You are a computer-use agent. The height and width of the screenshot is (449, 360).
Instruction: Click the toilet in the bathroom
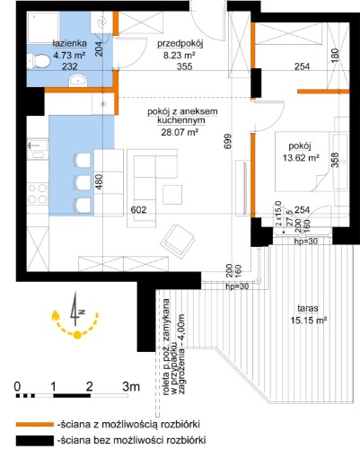38,62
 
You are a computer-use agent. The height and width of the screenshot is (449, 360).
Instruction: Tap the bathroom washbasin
78,81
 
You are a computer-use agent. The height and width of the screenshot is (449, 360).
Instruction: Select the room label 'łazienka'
70,43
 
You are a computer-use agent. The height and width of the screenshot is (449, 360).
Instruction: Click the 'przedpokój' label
180,44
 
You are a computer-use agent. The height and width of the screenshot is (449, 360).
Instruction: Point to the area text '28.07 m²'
180,132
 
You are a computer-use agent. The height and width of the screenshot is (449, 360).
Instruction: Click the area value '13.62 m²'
301,157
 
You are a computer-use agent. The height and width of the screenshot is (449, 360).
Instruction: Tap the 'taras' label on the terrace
308,308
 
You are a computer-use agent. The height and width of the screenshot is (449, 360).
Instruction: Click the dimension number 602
138,209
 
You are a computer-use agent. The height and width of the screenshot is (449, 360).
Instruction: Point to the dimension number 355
184,66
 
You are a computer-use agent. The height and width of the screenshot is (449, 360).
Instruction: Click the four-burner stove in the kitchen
38,194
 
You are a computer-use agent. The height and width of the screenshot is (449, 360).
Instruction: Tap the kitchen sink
38,148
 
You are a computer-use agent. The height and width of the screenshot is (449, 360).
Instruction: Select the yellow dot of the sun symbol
77,335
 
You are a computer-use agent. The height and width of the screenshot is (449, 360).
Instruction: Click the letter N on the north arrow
82,312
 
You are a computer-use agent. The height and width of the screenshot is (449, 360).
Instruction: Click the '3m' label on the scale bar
131,386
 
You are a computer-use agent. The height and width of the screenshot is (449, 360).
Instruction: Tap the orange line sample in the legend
34,424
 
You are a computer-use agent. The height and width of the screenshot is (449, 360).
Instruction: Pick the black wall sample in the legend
34,440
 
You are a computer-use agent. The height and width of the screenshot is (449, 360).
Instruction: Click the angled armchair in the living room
179,241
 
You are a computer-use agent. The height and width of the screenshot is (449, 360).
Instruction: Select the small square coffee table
172,195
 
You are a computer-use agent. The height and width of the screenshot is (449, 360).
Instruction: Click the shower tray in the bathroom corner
44,28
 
